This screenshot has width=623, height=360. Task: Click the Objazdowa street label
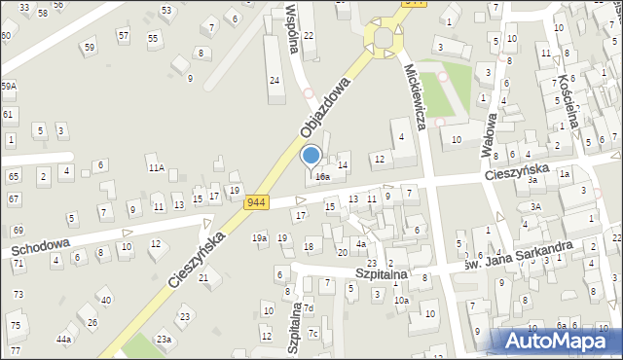pyautogui.click(x=325, y=116)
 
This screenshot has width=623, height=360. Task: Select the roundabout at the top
pyautogui.click(x=384, y=38)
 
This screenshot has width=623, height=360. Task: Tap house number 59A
pyautogui.click(x=9, y=87)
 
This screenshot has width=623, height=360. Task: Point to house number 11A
pyautogui.click(x=156, y=168)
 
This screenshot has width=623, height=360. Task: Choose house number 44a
pyautogui.click(x=64, y=339)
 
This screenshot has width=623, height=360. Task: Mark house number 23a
pyautogui.click(x=164, y=339)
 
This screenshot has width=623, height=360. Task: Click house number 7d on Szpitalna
pyautogui.click(x=308, y=309)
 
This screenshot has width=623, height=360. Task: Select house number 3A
pyautogui.click(x=535, y=206)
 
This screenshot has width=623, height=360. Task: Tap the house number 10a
pyautogui.click(x=401, y=301)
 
